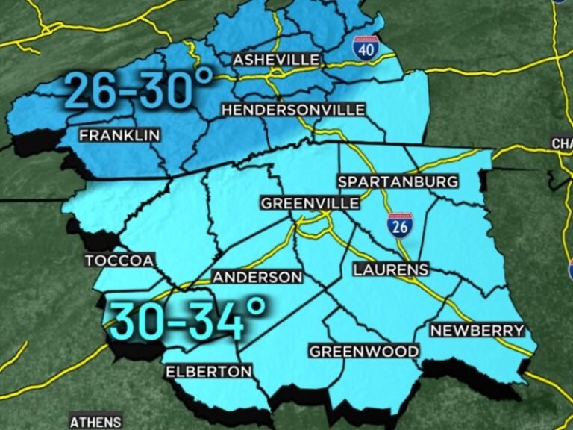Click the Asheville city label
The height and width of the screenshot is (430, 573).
(x=275, y=60)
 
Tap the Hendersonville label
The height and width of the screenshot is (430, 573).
(x=293, y=110)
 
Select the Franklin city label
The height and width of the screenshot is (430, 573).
(x=119, y=135)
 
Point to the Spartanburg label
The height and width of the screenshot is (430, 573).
(x=397, y=181)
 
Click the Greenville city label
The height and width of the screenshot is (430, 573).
(x=310, y=203)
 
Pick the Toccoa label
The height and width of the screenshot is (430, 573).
(x=119, y=261)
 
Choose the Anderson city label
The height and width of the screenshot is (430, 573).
(x=257, y=277)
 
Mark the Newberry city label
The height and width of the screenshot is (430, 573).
(x=477, y=330)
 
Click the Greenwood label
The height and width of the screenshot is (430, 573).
(x=363, y=351)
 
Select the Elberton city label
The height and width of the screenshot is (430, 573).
(x=208, y=371)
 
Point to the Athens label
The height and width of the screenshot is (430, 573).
(x=95, y=422)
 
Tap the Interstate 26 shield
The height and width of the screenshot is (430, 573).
(x=400, y=225)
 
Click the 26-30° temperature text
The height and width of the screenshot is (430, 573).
(x=138, y=90)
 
